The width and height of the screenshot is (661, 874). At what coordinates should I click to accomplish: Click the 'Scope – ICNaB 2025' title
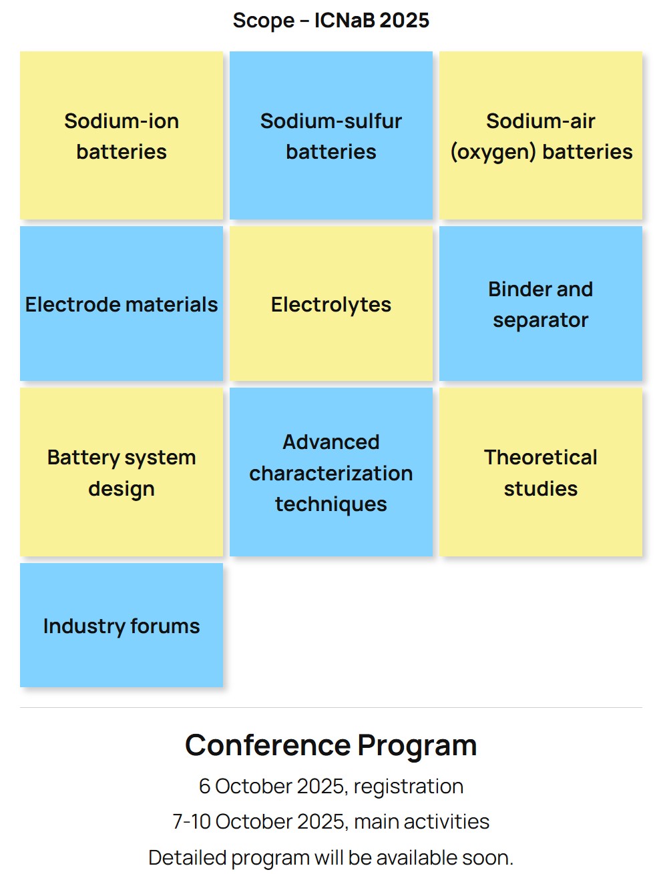(330, 20)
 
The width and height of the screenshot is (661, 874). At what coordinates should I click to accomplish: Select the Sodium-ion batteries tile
(122, 135)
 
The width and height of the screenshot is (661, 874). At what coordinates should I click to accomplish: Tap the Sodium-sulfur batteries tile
(331, 135)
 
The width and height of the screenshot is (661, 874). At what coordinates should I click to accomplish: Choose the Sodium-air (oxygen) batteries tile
(541, 135)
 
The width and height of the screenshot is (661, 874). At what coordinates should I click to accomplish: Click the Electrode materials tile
(122, 304)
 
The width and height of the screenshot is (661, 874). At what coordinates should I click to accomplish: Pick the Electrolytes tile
(331, 304)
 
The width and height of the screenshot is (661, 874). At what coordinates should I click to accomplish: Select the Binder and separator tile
(541, 304)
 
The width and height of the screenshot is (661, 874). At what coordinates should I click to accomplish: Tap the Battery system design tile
(122, 472)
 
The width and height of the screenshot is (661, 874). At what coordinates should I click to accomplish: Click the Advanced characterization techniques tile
(331, 472)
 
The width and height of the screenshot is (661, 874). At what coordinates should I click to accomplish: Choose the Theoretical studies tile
(541, 472)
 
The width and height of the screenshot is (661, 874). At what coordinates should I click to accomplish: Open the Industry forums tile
(122, 624)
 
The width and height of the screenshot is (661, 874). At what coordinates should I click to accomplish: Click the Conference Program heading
(330, 746)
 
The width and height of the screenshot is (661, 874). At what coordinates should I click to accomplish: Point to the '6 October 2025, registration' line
(330, 787)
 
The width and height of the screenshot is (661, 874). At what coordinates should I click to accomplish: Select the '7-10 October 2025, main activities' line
(330, 822)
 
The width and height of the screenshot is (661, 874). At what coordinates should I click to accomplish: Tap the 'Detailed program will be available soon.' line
(330, 858)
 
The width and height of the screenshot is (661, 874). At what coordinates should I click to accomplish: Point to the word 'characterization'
(331, 474)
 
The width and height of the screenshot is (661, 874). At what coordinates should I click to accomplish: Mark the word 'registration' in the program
(409, 787)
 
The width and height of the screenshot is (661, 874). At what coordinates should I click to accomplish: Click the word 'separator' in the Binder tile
(541, 320)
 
